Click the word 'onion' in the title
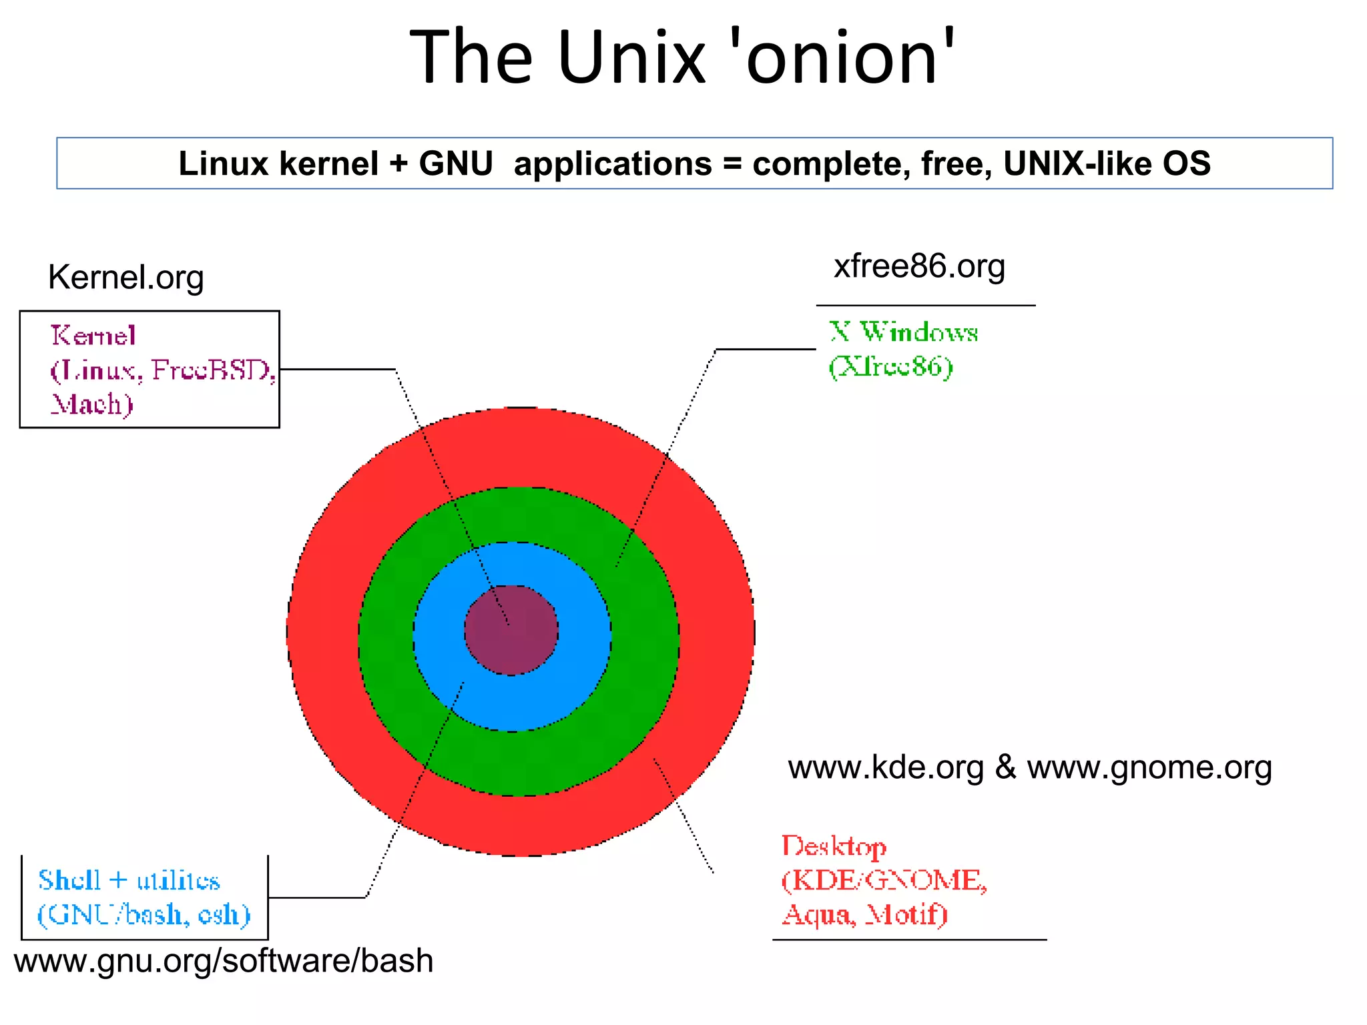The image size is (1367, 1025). (x=842, y=59)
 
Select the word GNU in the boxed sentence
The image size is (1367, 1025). (x=456, y=163)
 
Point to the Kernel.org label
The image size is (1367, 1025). (x=125, y=277)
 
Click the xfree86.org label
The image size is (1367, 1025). (x=919, y=266)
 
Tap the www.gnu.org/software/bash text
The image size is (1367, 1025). (x=224, y=961)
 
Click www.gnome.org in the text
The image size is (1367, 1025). (x=1149, y=767)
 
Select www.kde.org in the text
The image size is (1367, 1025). (x=886, y=767)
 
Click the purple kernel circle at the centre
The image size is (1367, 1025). (x=511, y=631)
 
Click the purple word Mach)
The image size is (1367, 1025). (x=92, y=404)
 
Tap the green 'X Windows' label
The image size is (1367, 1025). (x=904, y=332)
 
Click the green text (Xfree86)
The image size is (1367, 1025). (x=890, y=366)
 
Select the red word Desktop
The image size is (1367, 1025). (x=834, y=846)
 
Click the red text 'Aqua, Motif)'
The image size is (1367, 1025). (x=864, y=914)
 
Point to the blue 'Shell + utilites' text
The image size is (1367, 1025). (x=129, y=880)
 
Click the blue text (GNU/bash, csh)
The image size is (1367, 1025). (x=144, y=914)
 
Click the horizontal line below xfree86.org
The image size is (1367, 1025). (x=925, y=306)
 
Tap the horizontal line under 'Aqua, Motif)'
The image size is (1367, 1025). (x=909, y=940)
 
